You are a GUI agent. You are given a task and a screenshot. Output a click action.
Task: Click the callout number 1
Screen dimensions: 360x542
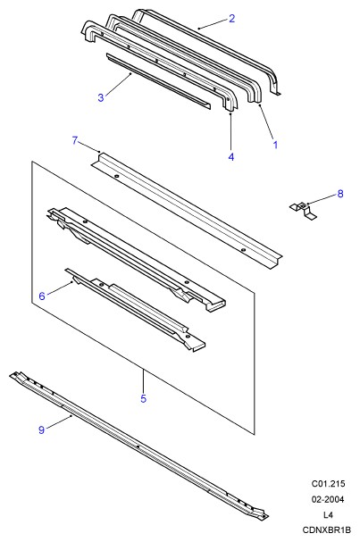click(275, 145)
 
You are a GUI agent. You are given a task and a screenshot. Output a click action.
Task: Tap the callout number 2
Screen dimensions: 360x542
click(231, 19)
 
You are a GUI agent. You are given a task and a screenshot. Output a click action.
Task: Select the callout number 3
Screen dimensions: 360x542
click(101, 97)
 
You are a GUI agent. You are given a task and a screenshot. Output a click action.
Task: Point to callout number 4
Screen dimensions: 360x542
click(231, 156)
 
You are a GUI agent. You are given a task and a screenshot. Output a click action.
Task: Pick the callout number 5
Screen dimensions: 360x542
click(144, 398)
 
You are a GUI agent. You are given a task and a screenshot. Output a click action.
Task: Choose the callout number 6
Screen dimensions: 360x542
click(42, 296)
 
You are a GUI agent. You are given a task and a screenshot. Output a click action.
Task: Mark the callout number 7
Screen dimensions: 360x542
click(75, 141)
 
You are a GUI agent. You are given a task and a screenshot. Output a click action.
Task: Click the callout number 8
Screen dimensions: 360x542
click(340, 194)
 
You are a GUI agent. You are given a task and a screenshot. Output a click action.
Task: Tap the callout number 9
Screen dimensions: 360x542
click(41, 429)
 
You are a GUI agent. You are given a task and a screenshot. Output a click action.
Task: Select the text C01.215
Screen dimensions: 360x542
click(328, 484)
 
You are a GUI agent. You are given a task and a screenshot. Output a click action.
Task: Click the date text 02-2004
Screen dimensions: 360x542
click(328, 499)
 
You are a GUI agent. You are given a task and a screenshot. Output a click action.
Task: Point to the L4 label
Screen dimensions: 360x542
click(328, 514)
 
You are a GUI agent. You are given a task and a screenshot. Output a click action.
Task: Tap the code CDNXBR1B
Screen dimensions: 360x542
click(327, 529)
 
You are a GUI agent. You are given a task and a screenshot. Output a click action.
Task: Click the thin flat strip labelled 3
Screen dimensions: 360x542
click(158, 81)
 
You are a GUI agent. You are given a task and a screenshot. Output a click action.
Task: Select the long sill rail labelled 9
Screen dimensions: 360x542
click(138, 446)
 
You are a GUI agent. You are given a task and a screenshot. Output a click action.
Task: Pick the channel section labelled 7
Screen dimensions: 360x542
click(187, 211)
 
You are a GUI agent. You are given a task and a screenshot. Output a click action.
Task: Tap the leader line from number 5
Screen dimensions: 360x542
click(144, 380)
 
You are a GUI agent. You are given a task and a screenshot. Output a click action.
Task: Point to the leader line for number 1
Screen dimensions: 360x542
click(266, 121)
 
